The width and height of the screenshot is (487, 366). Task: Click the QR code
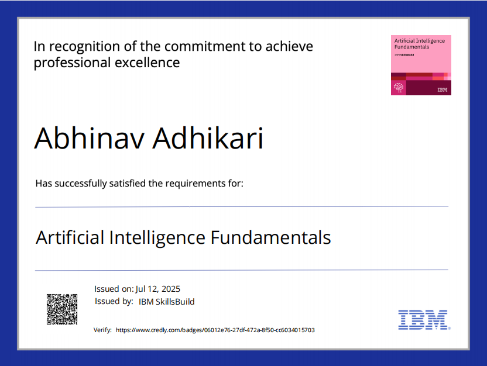[x=62, y=309]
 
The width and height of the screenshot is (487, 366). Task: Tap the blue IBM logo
[x=424, y=319]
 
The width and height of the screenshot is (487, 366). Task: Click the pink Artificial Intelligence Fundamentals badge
[x=421, y=65]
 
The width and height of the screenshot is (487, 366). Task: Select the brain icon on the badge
[x=399, y=88]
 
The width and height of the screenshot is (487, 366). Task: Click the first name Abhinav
[x=89, y=139]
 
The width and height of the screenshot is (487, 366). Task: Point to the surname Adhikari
[x=208, y=139]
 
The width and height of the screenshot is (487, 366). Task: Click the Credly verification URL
[x=215, y=330]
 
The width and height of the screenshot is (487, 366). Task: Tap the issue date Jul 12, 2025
[x=158, y=289]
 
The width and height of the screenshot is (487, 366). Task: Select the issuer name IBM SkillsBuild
[x=166, y=302]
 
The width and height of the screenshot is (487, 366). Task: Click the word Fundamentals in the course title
[x=271, y=238]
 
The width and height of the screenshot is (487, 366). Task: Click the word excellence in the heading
[x=148, y=63]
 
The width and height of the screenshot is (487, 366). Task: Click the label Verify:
[x=102, y=330]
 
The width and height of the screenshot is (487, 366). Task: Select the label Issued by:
[x=114, y=302]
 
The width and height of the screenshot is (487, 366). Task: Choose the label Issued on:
[x=114, y=289]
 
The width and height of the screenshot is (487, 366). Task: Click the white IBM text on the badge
[x=443, y=90]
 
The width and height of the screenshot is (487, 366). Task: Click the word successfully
[x=81, y=184]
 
